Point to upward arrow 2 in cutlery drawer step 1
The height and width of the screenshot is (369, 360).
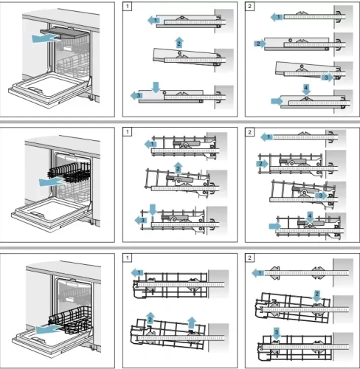pos(179,41)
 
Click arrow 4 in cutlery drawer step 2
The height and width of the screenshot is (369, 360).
pos(305,90)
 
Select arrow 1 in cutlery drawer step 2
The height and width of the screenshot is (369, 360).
pos(277,15)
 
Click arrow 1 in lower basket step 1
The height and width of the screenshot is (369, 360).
pos(137,273)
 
